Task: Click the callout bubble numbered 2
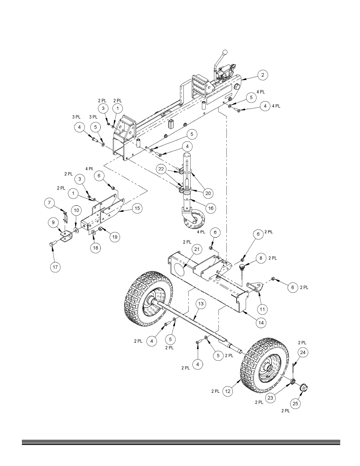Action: (x=263, y=75)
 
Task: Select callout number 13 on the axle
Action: (x=201, y=304)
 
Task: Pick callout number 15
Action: (x=137, y=208)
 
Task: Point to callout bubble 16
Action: (x=211, y=208)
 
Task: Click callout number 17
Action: (x=55, y=267)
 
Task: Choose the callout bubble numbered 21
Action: (x=196, y=249)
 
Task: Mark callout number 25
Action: (x=296, y=403)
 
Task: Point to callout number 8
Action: (x=260, y=258)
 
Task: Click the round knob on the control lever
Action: (x=225, y=52)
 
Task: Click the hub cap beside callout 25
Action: (x=303, y=388)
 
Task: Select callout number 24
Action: (x=303, y=352)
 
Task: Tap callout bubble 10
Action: (x=76, y=210)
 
